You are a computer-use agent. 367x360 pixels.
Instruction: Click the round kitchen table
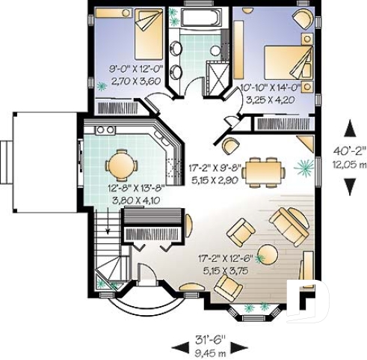click(119, 164)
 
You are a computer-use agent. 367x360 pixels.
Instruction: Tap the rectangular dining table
click(263, 169)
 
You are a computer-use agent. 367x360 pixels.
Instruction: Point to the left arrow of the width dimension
click(177, 344)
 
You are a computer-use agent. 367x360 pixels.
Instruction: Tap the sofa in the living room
click(289, 222)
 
